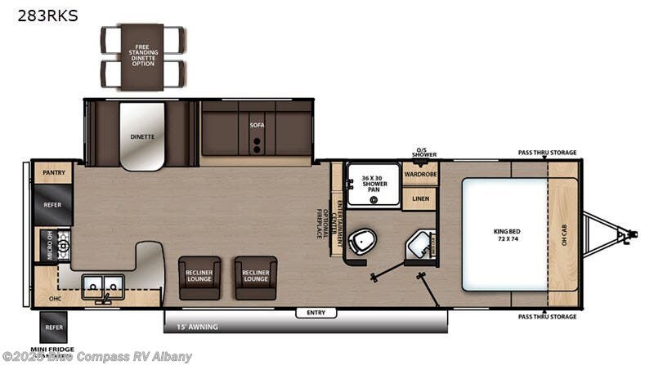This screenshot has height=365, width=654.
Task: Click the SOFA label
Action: (x=258, y=126)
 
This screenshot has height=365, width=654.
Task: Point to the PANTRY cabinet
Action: (x=53, y=172)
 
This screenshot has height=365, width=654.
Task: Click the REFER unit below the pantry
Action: (x=53, y=205)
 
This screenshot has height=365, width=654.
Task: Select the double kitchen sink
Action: (x=103, y=287)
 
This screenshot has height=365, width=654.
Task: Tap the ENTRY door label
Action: (x=316, y=313)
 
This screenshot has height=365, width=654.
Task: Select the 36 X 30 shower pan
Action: (x=373, y=184)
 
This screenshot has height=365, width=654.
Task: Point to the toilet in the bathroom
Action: (x=361, y=242)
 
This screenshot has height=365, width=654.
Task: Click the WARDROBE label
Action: (x=420, y=173)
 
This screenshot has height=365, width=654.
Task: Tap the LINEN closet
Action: (x=420, y=198)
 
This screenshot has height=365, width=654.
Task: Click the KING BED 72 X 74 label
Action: (x=504, y=234)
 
